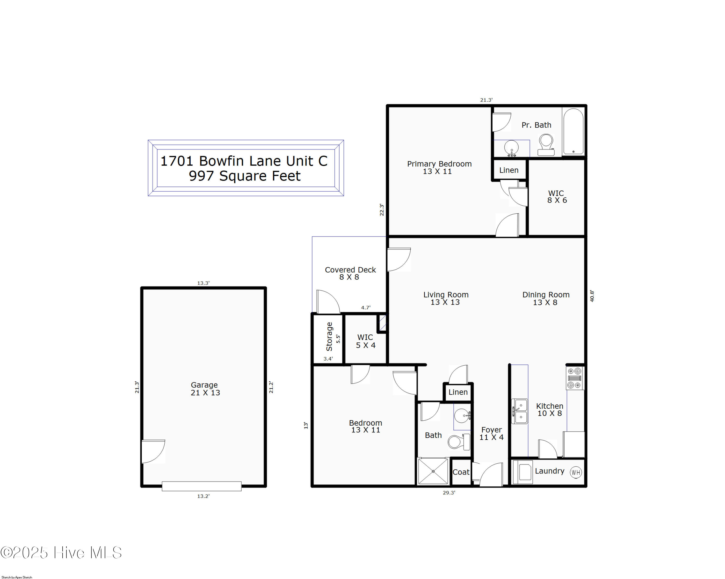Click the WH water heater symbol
(x=576, y=472)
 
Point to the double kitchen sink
(x=520, y=411)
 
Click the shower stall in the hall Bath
(x=433, y=471)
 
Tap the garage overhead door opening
(x=202, y=486)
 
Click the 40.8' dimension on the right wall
(x=592, y=296)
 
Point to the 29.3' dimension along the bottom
(x=449, y=492)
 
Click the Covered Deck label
(x=350, y=273)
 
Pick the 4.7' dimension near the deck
(x=366, y=307)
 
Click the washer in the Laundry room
(x=522, y=472)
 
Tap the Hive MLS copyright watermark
(x=61, y=553)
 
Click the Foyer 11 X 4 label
(x=491, y=434)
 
